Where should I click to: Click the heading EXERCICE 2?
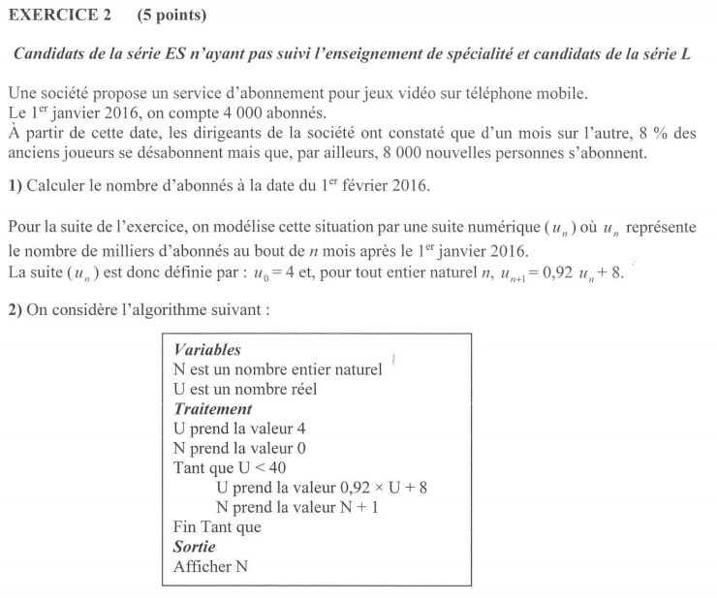tap(58, 16)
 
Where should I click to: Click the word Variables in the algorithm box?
tap(206, 349)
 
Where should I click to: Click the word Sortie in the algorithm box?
tap(194, 548)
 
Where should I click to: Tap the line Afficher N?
tap(210, 567)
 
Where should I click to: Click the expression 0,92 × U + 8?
tap(371, 488)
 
